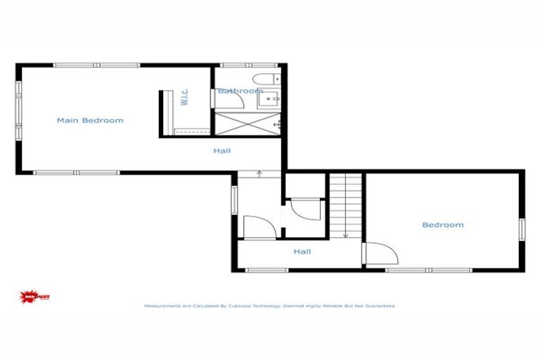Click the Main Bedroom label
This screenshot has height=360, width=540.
(x=90, y=120)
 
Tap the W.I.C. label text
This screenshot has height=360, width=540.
(x=184, y=97)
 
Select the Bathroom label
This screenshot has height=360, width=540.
(x=240, y=91)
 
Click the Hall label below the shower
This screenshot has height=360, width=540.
(x=222, y=150)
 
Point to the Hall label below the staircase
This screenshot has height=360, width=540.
(x=302, y=252)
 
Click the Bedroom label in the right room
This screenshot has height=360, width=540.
(x=442, y=225)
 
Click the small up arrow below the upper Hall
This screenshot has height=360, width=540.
(x=259, y=172)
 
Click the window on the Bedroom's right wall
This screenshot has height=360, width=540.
(x=522, y=228)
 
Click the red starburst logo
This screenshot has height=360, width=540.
(x=31, y=297)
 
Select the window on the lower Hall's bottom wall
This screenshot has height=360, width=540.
(x=268, y=270)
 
